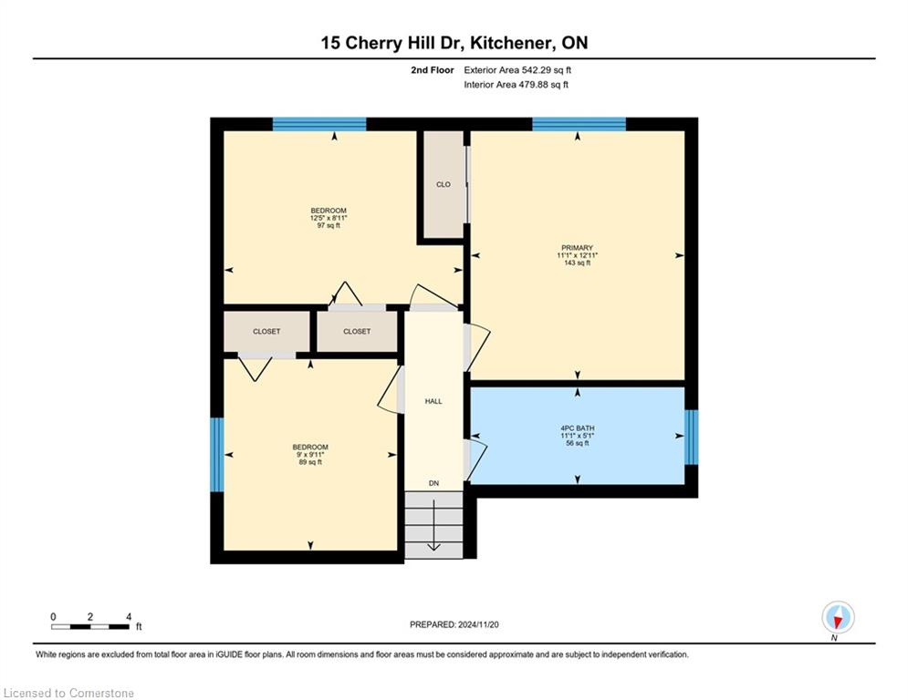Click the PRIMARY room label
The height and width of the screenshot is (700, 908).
(577, 248)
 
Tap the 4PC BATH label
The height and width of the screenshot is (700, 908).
(577, 428)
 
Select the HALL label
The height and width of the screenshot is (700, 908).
(433, 401)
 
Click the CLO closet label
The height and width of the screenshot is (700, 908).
(443, 184)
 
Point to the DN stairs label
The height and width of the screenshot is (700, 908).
(433, 483)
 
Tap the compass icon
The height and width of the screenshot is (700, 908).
(838, 617)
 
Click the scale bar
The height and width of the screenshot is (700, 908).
(90, 626)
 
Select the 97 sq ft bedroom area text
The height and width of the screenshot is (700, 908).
(329, 226)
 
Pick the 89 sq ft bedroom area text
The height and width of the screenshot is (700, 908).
(310, 462)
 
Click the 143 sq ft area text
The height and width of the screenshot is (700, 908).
(577, 262)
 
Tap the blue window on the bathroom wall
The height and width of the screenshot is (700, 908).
(692, 437)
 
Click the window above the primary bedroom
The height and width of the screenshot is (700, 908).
(579, 124)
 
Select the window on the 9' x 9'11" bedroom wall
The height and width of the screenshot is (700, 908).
(216, 455)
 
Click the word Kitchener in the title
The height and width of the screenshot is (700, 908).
(511, 43)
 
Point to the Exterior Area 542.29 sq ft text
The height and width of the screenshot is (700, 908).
(517, 70)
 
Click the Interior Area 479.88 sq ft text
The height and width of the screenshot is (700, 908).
(516, 85)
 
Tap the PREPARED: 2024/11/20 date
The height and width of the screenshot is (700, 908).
(454, 624)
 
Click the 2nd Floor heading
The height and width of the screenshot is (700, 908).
(432, 70)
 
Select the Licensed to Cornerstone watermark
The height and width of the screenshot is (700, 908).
(68, 693)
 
